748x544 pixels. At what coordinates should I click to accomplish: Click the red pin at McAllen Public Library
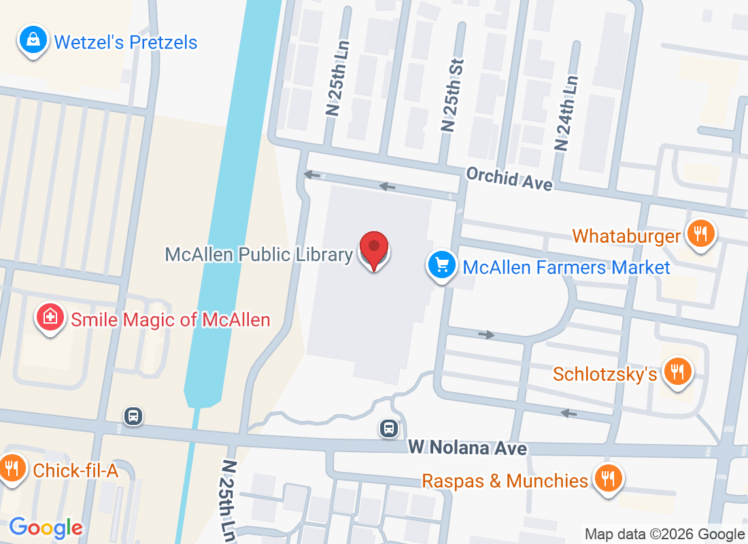373,249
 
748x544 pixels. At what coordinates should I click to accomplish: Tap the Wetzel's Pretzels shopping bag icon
33,40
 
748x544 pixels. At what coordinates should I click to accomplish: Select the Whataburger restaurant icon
700,235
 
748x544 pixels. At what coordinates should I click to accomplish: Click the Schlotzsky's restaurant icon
678,372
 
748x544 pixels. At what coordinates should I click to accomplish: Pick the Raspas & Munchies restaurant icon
606,479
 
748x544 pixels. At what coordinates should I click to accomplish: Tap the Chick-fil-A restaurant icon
12,469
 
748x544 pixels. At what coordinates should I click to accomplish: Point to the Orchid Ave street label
509,180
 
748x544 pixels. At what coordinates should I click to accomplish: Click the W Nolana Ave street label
468,448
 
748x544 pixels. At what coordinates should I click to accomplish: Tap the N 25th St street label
452,95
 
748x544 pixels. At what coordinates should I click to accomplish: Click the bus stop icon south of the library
388,428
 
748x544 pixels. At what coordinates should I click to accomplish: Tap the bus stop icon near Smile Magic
133,415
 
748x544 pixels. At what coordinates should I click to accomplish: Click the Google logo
46,528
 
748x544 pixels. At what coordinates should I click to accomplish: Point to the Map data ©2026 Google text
664,534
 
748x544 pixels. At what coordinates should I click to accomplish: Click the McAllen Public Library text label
259,254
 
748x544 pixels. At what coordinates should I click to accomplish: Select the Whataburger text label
626,236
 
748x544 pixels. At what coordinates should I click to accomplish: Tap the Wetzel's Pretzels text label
126,42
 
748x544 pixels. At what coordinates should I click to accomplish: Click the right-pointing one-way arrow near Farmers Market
486,335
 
